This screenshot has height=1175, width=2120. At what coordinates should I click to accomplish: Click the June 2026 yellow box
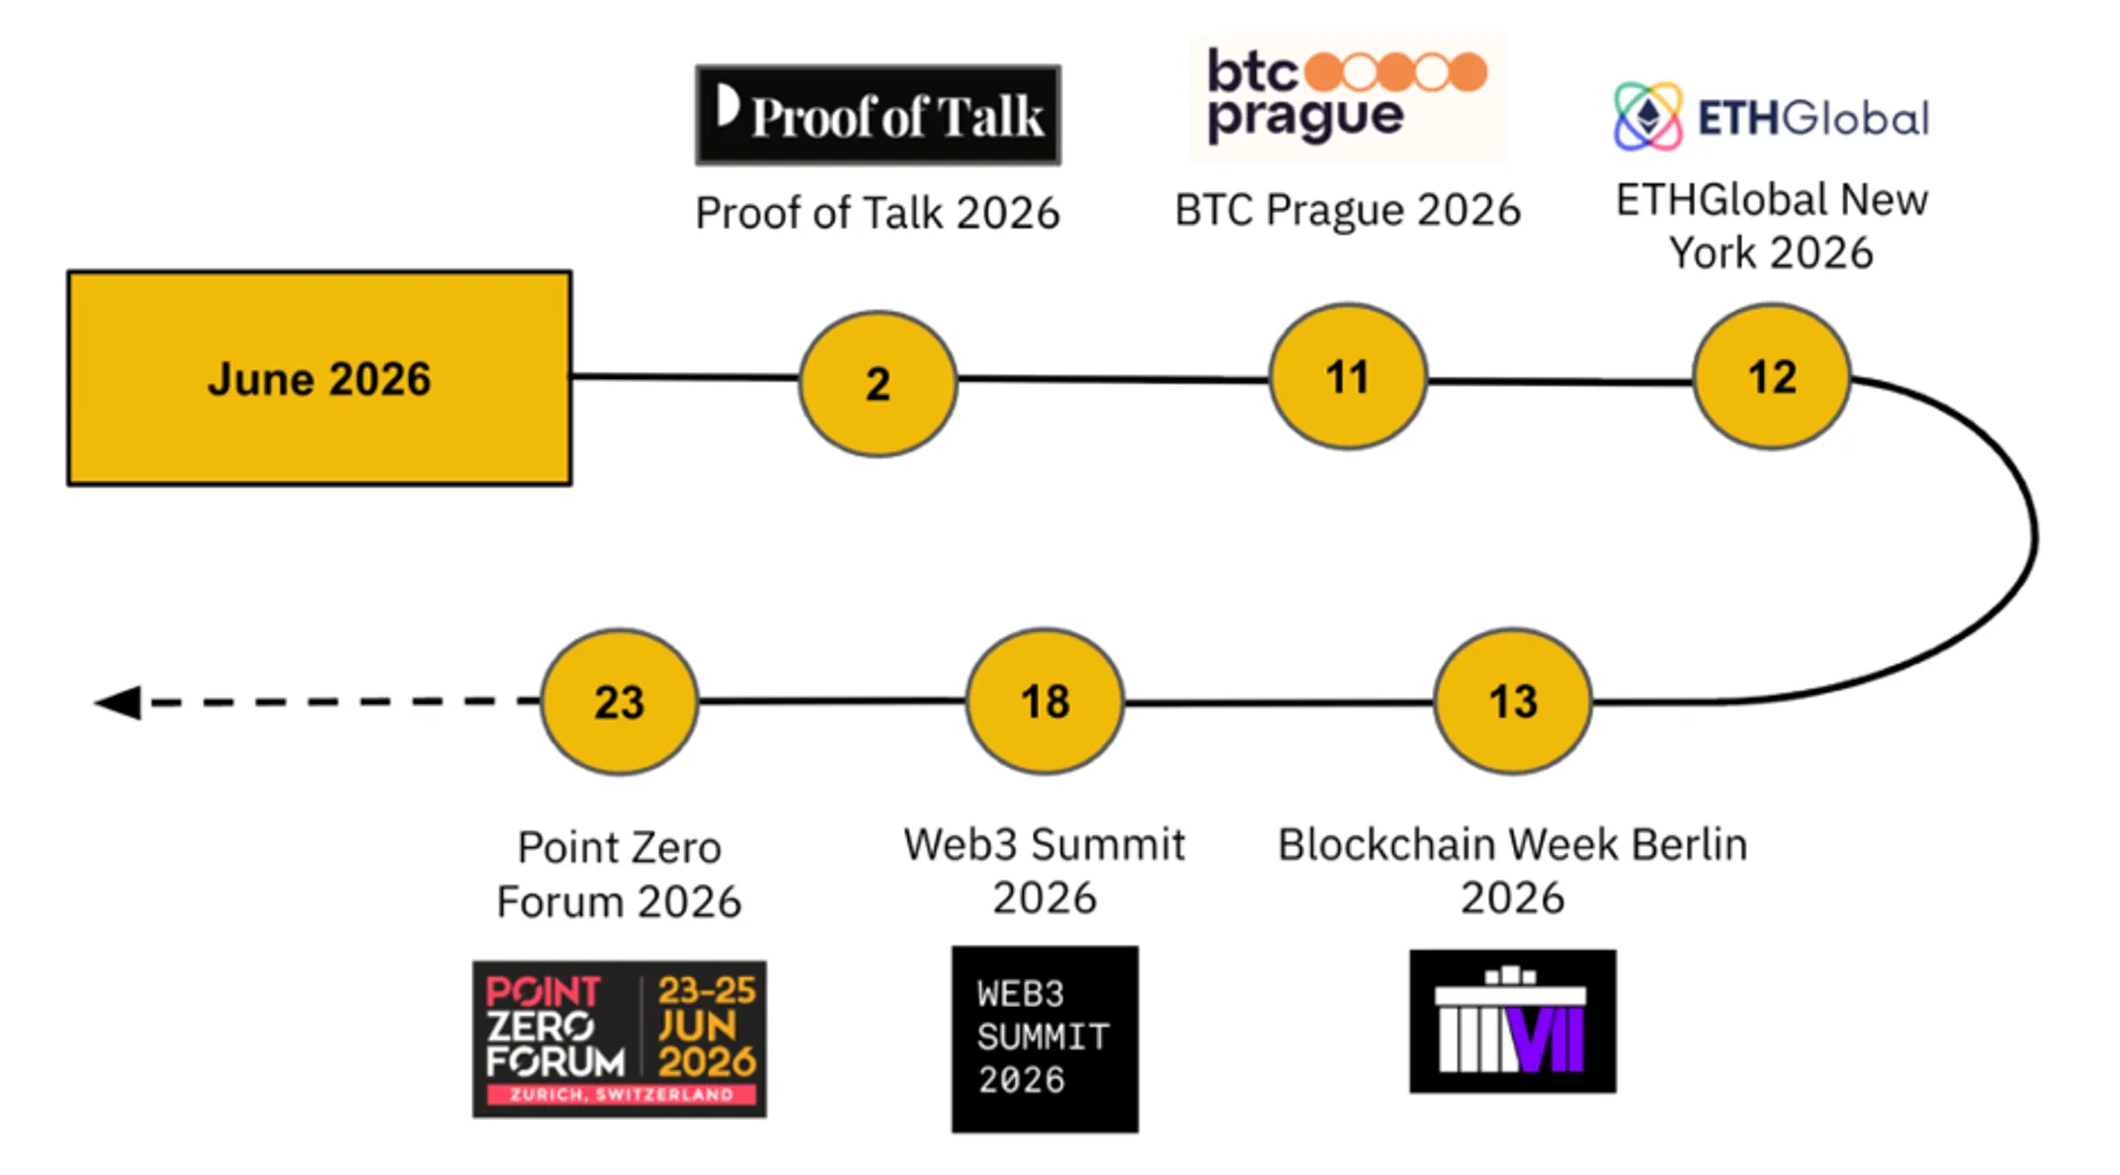(319, 378)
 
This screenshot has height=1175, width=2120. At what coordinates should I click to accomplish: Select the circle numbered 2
(878, 383)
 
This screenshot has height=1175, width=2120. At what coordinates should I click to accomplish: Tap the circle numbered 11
(1348, 377)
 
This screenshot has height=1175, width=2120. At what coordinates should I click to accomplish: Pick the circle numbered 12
(1773, 377)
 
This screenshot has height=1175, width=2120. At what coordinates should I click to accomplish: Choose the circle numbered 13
(1512, 702)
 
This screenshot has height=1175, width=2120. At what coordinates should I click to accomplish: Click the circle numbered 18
(1045, 702)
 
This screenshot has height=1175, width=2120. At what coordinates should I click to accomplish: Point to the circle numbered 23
(619, 702)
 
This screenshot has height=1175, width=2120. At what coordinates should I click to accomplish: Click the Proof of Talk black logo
(878, 115)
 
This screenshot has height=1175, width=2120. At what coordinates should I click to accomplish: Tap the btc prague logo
(1348, 98)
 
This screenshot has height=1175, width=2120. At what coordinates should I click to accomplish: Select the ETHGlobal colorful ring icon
(1648, 117)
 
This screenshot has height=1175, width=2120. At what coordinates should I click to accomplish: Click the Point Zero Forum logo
(619, 1039)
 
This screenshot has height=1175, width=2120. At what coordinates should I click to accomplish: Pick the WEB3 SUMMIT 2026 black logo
(1045, 1039)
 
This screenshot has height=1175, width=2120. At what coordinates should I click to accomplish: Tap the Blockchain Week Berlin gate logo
(1512, 1021)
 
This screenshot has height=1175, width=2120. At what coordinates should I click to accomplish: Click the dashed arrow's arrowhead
(118, 702)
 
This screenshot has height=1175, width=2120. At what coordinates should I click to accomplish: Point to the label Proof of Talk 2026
(877, 213)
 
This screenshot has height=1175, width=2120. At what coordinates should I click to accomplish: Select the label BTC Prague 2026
(1348, 210)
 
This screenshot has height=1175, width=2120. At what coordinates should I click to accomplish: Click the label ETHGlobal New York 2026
(1773, 226)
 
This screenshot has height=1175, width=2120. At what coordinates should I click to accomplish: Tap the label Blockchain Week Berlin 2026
(1512, 871)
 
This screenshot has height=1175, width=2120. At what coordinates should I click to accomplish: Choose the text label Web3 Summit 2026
(1044, 871)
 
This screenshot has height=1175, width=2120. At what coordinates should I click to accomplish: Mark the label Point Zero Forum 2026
(619, 874)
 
